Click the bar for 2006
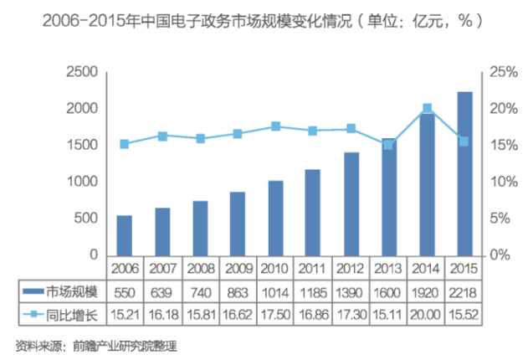click(x=124, y=235)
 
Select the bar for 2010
click(x=276, y=218)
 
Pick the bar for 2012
click(x=351, y=203)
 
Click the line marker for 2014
click(x=427, y=108)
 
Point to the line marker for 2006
click(x=124, y=144)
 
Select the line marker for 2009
click(x=238, y=134)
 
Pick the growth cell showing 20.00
click(x=427, y=315)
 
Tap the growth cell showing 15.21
click(x=124, y=315)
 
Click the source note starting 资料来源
click(x=96, y=344)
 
